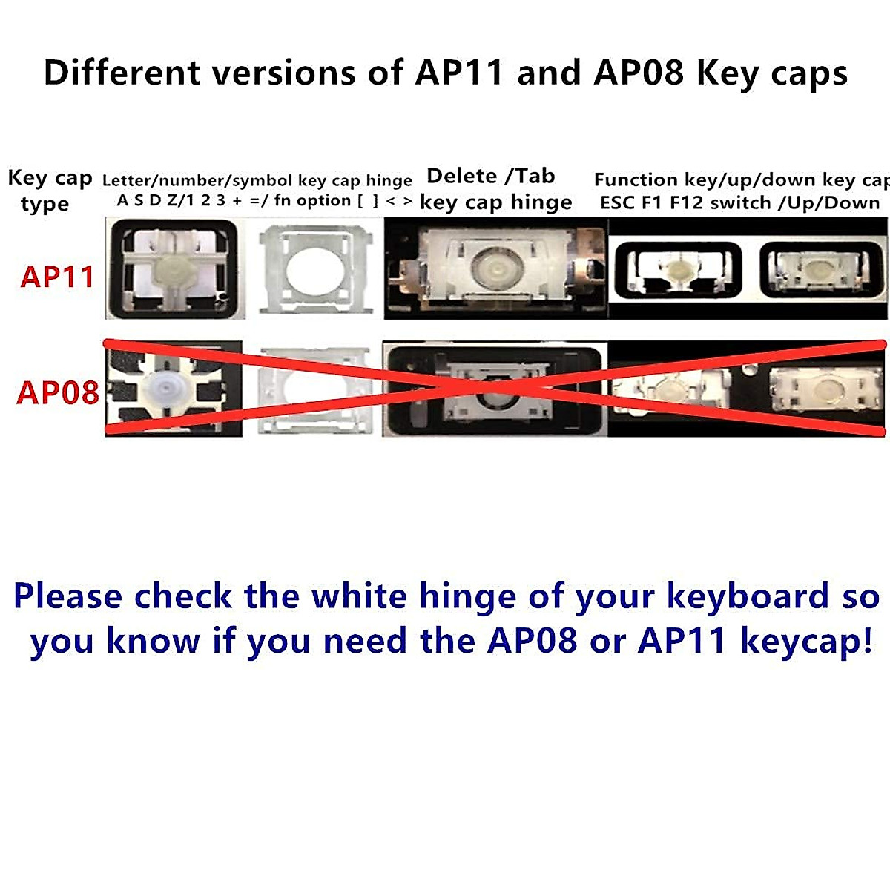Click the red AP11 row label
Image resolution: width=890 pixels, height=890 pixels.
point(57,277)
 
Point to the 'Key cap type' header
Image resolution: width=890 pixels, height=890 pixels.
point(49,190)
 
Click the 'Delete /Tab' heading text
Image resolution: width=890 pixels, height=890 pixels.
point(491,177)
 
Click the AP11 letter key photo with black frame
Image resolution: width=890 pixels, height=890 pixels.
point(173,268)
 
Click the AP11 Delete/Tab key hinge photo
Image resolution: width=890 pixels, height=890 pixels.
point(495,268)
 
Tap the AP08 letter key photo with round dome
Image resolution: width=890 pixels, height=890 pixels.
point(174,388)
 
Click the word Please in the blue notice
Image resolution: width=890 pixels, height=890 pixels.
point(67,596)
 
